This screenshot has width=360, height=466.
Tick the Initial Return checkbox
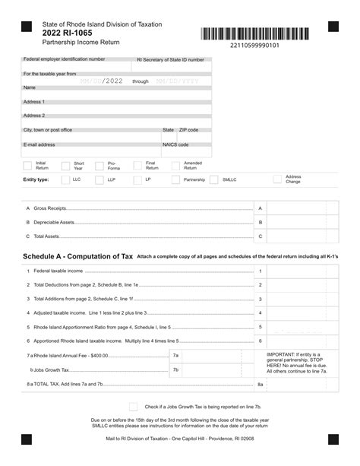28,164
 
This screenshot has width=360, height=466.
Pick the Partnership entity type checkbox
175,180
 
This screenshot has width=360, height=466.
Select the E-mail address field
91,149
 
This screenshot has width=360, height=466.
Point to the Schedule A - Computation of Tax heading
78,257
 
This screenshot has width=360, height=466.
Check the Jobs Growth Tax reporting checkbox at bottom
134,407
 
